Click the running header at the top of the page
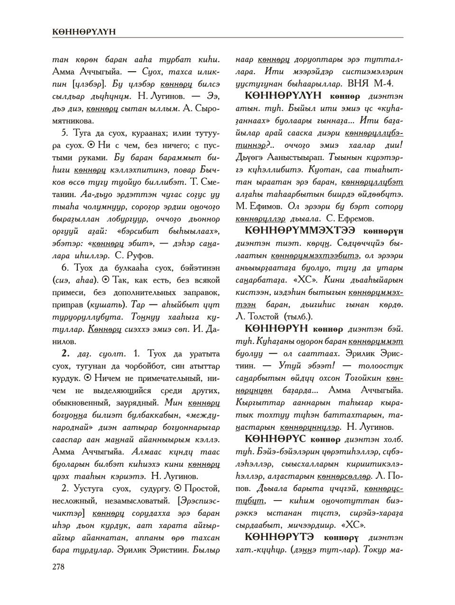coord(84,32)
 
